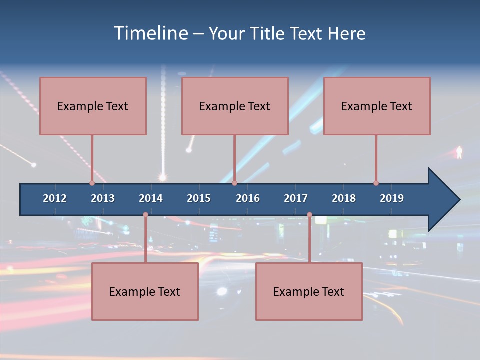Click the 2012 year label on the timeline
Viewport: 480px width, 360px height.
pos(55,198)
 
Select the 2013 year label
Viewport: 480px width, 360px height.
pos(103,198)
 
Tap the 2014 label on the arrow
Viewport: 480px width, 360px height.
pos(151,198)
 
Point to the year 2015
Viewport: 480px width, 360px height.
pos(199,198)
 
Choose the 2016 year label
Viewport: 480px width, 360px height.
pos(248,198)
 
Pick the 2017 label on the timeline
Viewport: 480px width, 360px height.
pos(296,198)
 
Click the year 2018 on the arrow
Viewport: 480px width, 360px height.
pos(344,198)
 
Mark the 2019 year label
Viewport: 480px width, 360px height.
pos(392,198)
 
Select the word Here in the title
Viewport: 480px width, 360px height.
pos(346,33)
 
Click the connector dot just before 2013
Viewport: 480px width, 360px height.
pos(92,183)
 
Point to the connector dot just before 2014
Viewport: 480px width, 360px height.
pos(145,215)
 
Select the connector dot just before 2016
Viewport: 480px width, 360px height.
pos(234,183)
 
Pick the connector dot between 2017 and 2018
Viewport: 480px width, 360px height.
pos(309,215)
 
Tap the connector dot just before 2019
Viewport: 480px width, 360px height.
pos(376,183)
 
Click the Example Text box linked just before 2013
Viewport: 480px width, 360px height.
pos(93,106)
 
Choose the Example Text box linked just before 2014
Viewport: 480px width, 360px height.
pos(145,291)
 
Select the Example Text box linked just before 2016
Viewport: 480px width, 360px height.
pos(235,106)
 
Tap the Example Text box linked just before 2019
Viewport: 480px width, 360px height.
pos(377,106)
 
